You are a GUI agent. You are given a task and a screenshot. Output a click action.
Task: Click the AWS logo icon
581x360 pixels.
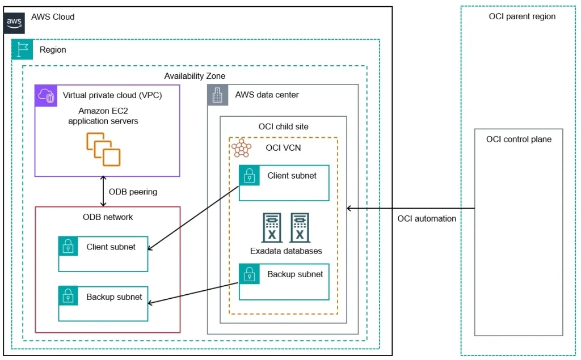pos(14,23)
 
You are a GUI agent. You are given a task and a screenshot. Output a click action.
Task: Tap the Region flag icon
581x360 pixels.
pos(22,49)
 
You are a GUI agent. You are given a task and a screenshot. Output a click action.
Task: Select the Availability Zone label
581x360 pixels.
pos(195,76)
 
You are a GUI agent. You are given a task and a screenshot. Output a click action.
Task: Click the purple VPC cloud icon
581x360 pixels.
pos(46,96)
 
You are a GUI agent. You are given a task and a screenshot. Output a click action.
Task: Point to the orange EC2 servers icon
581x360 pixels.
pos(103,149)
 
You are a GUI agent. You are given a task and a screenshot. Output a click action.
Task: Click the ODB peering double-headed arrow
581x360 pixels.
pos(103,191)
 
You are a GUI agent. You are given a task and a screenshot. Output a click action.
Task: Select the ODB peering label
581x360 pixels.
pos(133,192)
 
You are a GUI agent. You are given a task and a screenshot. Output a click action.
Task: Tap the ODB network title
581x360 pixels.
pos(108,217)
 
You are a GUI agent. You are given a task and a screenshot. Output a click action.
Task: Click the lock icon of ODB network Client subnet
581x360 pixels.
pos(68,246)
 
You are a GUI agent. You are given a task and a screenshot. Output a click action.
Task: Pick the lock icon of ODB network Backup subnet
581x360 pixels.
pos(68,296)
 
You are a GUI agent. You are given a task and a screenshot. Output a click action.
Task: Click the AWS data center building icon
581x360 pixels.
pos(217,95)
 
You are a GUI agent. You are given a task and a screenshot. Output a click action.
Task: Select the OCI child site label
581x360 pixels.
pos(284,126)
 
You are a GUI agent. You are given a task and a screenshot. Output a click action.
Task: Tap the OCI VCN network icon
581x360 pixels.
pos(242,148)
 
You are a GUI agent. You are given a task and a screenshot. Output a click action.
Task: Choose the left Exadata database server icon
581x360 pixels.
pos(272,227)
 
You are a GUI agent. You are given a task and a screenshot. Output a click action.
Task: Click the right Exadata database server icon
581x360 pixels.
pos(300,227)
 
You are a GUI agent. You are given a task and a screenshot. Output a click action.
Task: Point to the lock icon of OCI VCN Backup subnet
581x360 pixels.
pos(250,274)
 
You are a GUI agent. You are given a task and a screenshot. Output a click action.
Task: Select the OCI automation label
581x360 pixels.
pos(427,219)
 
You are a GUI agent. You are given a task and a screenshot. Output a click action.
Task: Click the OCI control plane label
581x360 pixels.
pos(519,139)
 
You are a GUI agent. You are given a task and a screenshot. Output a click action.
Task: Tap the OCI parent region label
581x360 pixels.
pos(522,16)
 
